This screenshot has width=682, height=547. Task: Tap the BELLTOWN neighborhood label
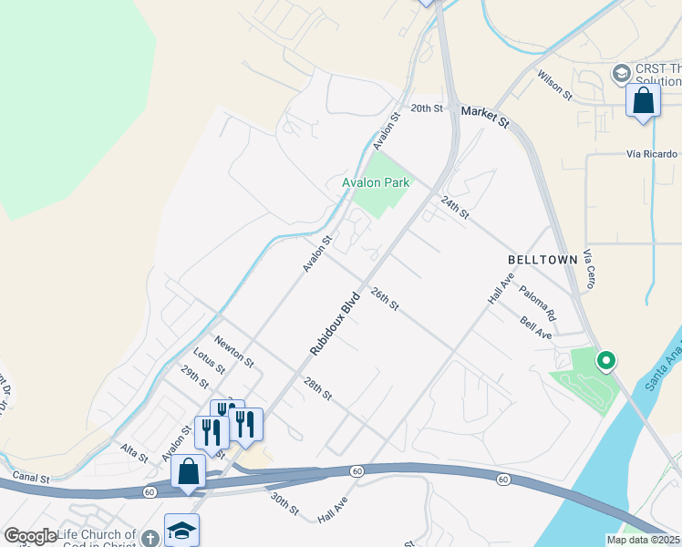(x=542, y=260)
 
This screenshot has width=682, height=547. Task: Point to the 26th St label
(x=385, y=298)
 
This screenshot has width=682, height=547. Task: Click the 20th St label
(x=426, y=108)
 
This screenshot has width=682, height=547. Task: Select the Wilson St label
(x=554, y=85)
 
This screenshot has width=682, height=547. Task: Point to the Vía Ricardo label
(x=652, y=154)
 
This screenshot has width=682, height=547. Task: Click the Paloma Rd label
(x=538, y=303)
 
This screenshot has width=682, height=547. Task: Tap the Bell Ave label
(x=536, y=328)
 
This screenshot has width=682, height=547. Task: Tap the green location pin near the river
(x=605, y=361)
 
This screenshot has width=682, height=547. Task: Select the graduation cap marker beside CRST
(x=621, y=73)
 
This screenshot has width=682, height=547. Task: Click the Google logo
(x=30, y=536)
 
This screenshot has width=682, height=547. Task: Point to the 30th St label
(x=284, y=503)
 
